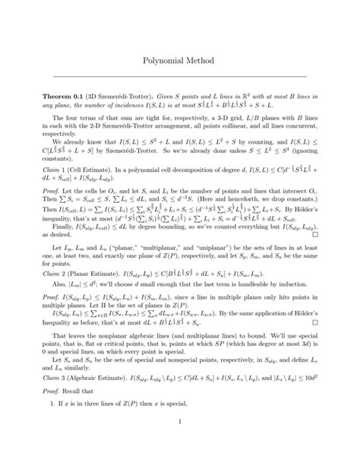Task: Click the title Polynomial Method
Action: pos(179,59)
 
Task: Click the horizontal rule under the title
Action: pos(179,76)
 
